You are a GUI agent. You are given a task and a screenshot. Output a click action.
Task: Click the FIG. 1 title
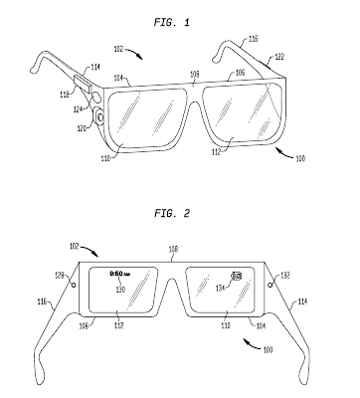pyautogui.click(x=180, y=17)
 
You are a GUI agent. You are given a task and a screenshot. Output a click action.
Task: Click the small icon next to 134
pyautogui.click(x=238, y=277)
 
